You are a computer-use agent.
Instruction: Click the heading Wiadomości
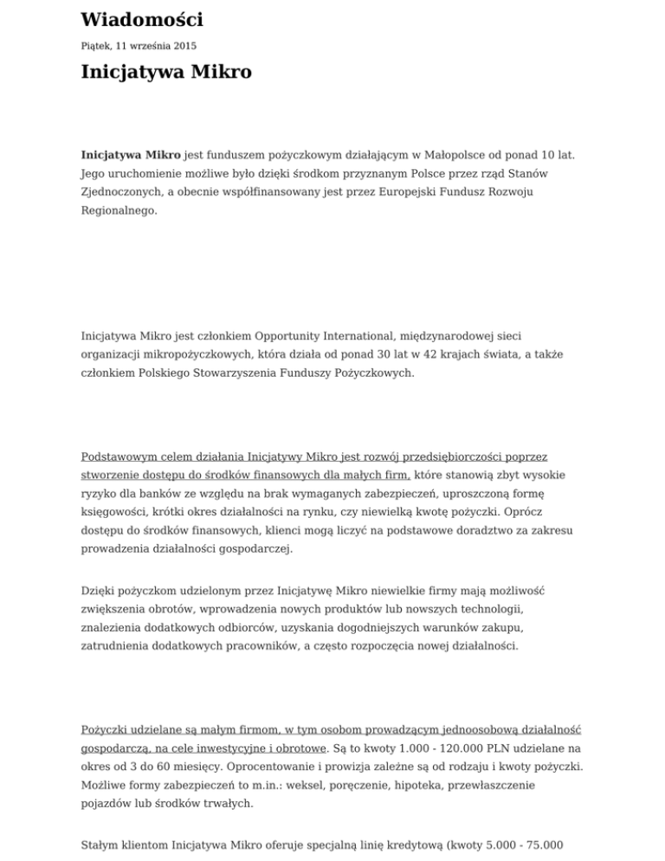(x=141, y=19)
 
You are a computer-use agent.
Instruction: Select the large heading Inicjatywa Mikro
(x=166, y=72)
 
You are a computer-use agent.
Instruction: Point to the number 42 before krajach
(x=426, y=353)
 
